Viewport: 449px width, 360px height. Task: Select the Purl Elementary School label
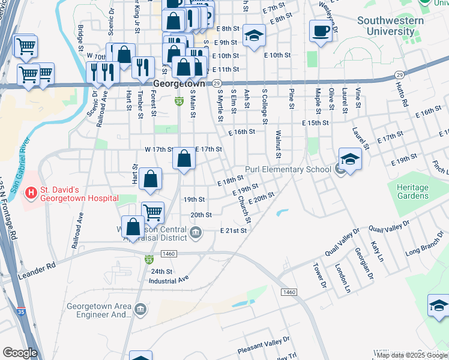(x=289, y=169)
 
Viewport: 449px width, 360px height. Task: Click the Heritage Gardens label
(x=412, y=192)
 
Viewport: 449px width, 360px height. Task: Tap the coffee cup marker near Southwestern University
(x=321, y=31)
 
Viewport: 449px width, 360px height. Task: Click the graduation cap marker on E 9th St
(x=255, y=35)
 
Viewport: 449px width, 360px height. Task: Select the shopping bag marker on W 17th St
(x=184, y=160)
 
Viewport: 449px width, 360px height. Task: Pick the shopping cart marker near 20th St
(x=153, y=212)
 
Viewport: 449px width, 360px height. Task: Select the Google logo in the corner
(x=20, y=352)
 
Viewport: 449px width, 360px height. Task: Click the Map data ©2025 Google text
(x=412, y=355)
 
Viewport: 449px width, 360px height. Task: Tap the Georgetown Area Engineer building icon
(x=140, y=310)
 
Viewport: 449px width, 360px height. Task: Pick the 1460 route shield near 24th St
(x=168, y=254)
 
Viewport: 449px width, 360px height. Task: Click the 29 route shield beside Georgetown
(x=217, y=84)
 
